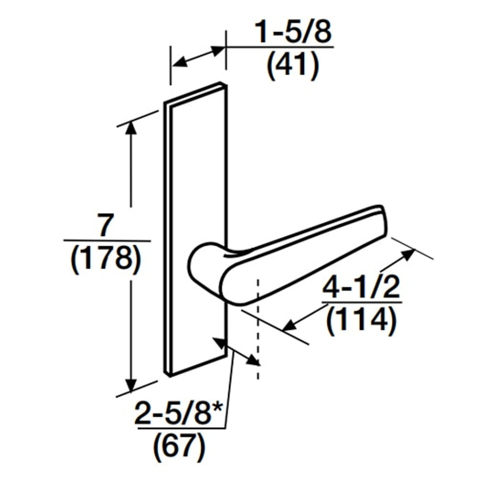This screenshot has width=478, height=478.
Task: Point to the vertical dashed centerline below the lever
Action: pyautogui.click(x=257, y=336)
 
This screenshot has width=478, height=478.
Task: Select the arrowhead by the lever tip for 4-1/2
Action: pyautogui.click(x=409, y=254)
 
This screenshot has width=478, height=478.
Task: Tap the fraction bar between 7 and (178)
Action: pyautogui.click(x=107, y=241)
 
